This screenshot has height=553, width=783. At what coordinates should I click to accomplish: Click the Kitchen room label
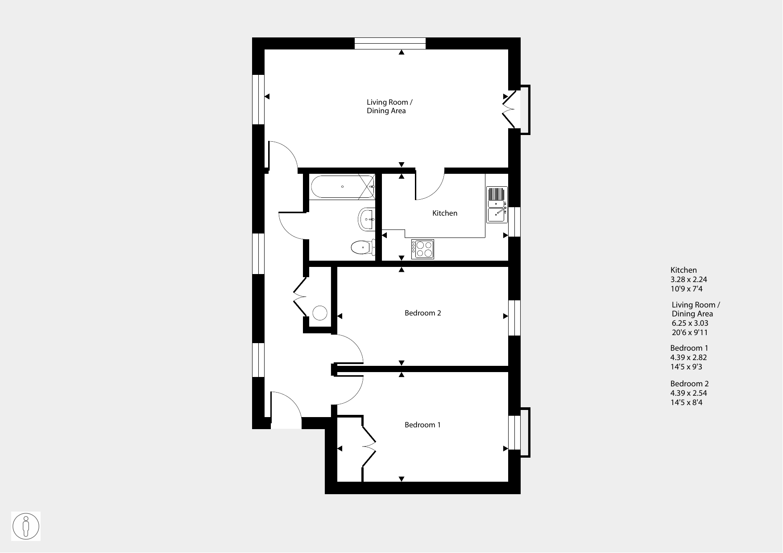coord(445,213)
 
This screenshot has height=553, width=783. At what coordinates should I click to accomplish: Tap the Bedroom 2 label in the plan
coord(423,313)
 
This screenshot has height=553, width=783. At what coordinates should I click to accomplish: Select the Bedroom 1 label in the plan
coord(423,425)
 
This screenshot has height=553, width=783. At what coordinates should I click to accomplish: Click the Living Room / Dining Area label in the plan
coord(387,107)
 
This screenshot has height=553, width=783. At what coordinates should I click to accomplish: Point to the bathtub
coord(342,187)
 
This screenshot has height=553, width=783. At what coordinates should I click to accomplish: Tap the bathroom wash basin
coord(366,219)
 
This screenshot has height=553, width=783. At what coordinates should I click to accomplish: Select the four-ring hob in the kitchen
coord(423,250)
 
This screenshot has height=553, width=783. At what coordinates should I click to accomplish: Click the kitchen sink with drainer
coord(497,205)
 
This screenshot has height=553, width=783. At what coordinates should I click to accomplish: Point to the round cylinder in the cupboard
coord(320,313)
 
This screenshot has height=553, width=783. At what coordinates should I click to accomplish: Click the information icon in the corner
coord(26,526)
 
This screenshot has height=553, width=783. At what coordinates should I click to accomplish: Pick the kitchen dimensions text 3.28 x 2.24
coord(689,280)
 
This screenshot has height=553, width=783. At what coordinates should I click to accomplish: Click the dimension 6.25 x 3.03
coord(690,324)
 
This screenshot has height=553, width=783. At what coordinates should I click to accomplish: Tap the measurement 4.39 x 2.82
coord(689,357)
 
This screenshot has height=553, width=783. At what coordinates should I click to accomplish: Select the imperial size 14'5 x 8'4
coord(686,402)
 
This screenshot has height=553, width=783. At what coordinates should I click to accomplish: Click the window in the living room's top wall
coord(390,43)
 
